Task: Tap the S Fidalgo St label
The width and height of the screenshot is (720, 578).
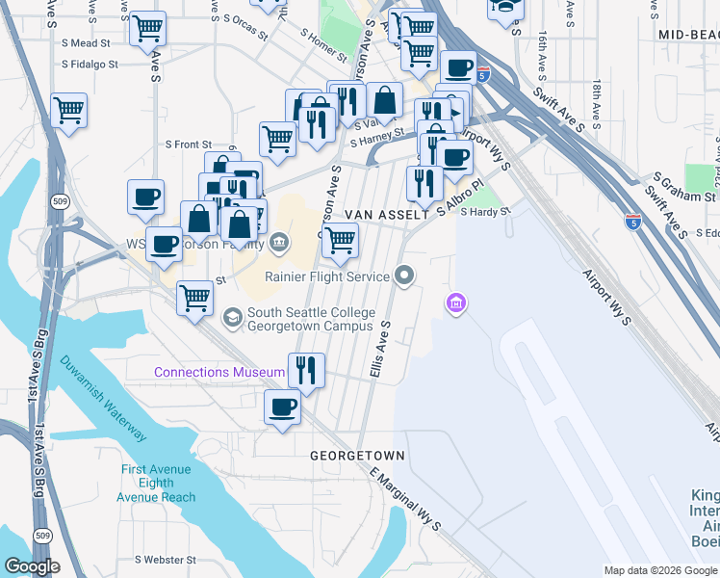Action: coord(90,65)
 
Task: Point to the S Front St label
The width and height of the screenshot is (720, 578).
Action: coord(188,144)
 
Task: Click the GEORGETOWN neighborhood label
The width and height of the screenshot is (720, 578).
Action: coord(357,455)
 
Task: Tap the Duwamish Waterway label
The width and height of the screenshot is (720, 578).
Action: coord(104,399)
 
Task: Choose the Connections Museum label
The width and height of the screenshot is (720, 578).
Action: coord(219,372)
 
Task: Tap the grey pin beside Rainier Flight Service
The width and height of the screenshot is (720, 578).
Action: coord(404,277)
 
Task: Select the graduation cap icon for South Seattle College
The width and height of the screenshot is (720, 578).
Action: coord(232,317)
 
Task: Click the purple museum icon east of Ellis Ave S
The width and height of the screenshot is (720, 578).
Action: coord(455,304)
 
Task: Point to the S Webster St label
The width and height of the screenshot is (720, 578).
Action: coord(166,560)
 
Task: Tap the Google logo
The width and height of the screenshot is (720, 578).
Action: coord(33,566)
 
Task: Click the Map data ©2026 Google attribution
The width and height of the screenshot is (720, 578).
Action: coord(660,570)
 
